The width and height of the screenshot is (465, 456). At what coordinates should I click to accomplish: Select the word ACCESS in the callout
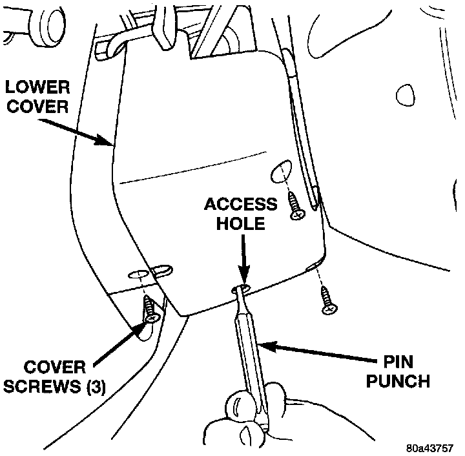tap(240, 205)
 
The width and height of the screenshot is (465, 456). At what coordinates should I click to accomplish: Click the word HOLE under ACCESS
tap(240, 224)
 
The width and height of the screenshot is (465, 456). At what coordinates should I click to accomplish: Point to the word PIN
tap(398, 363)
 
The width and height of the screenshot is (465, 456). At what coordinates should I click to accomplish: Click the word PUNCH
tap(398, 382)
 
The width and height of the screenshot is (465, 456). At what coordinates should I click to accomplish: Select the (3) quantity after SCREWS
tap(94, 386)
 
